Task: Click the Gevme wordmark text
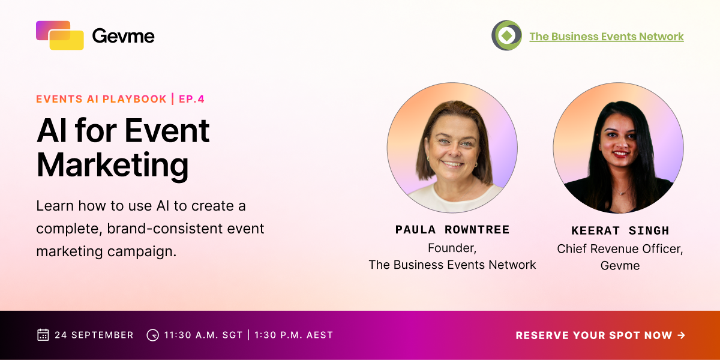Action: (124, 35)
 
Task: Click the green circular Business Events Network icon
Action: (506, 35)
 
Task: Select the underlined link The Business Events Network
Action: (607, 37)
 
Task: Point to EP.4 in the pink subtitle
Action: (191, 99)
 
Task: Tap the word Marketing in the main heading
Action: (113, 165)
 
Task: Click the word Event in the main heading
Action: (167, 131)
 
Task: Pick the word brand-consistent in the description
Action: (165, 229)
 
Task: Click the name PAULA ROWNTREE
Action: (452, 229)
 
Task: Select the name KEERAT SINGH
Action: (620, 230)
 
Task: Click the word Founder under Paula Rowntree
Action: (452, 248)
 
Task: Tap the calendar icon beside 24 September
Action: (43, 335)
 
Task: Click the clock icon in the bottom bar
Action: (152, 335)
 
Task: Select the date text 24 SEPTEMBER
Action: (94, 335)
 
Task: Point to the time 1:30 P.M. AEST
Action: (294, 335)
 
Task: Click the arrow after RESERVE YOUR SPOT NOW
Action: (681, 335)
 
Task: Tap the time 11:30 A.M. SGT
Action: (203, 335)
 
